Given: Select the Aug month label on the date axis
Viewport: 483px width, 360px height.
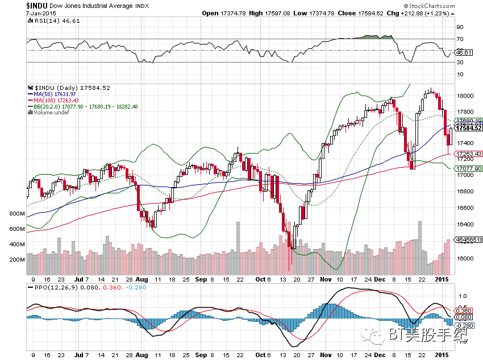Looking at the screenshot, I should pyautogui.click(x=141, y=280).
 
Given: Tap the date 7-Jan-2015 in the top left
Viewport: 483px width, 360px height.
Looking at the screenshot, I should pyautogui.click(x=41, y=13).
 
